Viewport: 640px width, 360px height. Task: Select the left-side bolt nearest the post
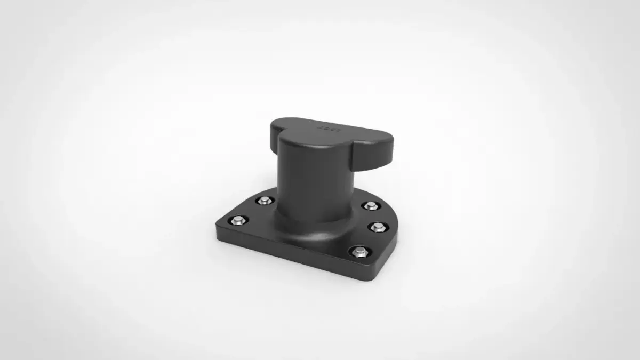(x=264, y=201)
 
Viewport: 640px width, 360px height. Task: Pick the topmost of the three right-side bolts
(x=370, y=205)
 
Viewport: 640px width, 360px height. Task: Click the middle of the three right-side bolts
(x=378, y=226)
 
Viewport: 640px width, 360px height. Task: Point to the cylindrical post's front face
(x=304, y=181)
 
